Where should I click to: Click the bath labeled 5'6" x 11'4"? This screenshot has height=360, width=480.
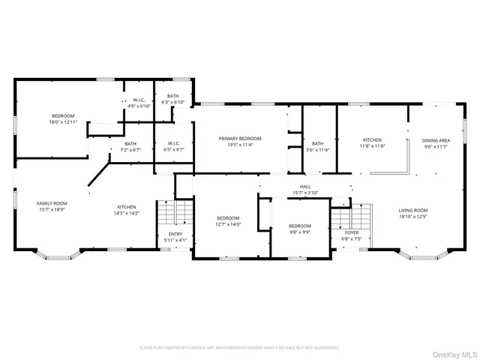pos(318,146)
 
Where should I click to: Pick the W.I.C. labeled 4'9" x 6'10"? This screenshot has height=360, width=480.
pos(139,103)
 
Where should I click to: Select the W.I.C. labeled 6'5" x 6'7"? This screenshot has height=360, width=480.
pos(173,146)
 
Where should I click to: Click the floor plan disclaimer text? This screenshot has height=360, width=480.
pos(240,348)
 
